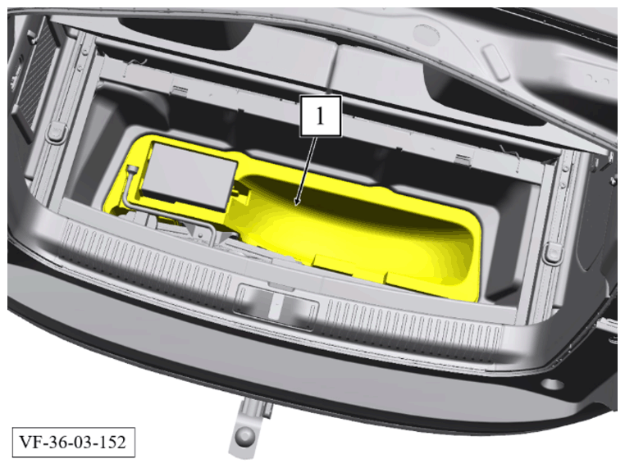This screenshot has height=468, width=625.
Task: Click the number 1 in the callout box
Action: (320, 116)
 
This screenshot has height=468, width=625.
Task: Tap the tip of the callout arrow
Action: (295, 206)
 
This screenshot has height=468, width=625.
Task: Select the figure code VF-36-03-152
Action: (73, 442)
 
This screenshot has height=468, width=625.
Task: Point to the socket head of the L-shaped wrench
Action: (131, 170)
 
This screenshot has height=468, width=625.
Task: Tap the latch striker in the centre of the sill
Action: (276, 302)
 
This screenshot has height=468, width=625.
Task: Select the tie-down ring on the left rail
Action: (55, 131)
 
